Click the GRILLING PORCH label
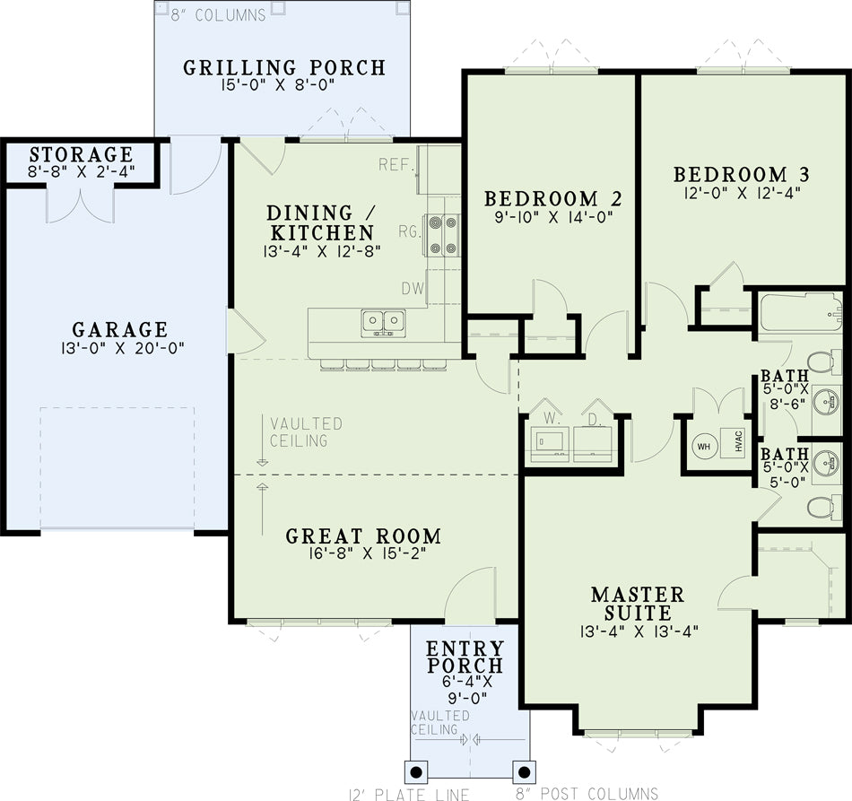click(x=284, y=68)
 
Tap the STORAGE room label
click(x=82, y=154)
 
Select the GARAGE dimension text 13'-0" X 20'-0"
click(x=123, y=348)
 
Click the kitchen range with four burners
click(x=443, y=235)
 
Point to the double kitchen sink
click(x=383, y=322)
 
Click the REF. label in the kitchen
click(x=396, y=164)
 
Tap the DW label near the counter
click(x=413, y=289)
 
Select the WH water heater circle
click(x=704, y=447)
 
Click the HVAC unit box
click(x=733, y=442)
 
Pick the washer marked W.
click(x=550, y=442)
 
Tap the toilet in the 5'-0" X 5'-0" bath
click(x=824, y=508)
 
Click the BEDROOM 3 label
click(x=742, y=174)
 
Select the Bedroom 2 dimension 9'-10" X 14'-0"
click(x=553, y=217)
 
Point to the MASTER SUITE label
click(x=638, y=603)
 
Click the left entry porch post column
click(x=416, y=772)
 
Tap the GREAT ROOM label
click(x=363, y=536)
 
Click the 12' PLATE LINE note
click(x=409, y=794)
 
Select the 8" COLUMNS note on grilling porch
click(x=219, y=15)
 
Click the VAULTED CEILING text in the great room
click(x=307, y=432)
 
